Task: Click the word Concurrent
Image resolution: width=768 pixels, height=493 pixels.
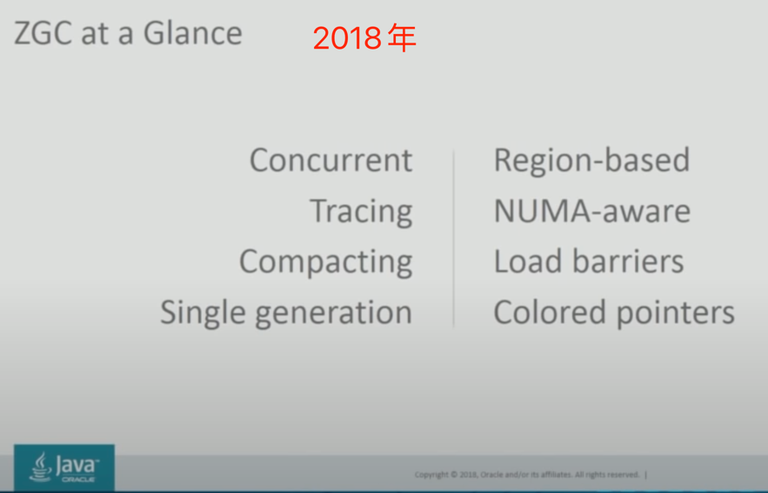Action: point(331,160)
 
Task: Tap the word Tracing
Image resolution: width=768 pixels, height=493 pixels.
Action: point(361,211)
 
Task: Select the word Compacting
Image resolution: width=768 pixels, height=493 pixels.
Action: point(325,262)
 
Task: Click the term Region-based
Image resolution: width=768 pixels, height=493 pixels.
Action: point(591,160)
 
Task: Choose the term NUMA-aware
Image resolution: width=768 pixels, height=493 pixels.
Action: point(591,211)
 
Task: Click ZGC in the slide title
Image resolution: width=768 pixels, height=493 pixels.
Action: point(43,33)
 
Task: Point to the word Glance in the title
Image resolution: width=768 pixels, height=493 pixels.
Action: point(192,33)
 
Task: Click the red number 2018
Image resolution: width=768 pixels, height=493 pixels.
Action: point(347,38)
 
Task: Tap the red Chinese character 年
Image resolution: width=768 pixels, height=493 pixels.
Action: point(402,38)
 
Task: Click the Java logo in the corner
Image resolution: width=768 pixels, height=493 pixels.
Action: point(64,468)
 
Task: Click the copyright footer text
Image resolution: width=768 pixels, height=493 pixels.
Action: point(527,475)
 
